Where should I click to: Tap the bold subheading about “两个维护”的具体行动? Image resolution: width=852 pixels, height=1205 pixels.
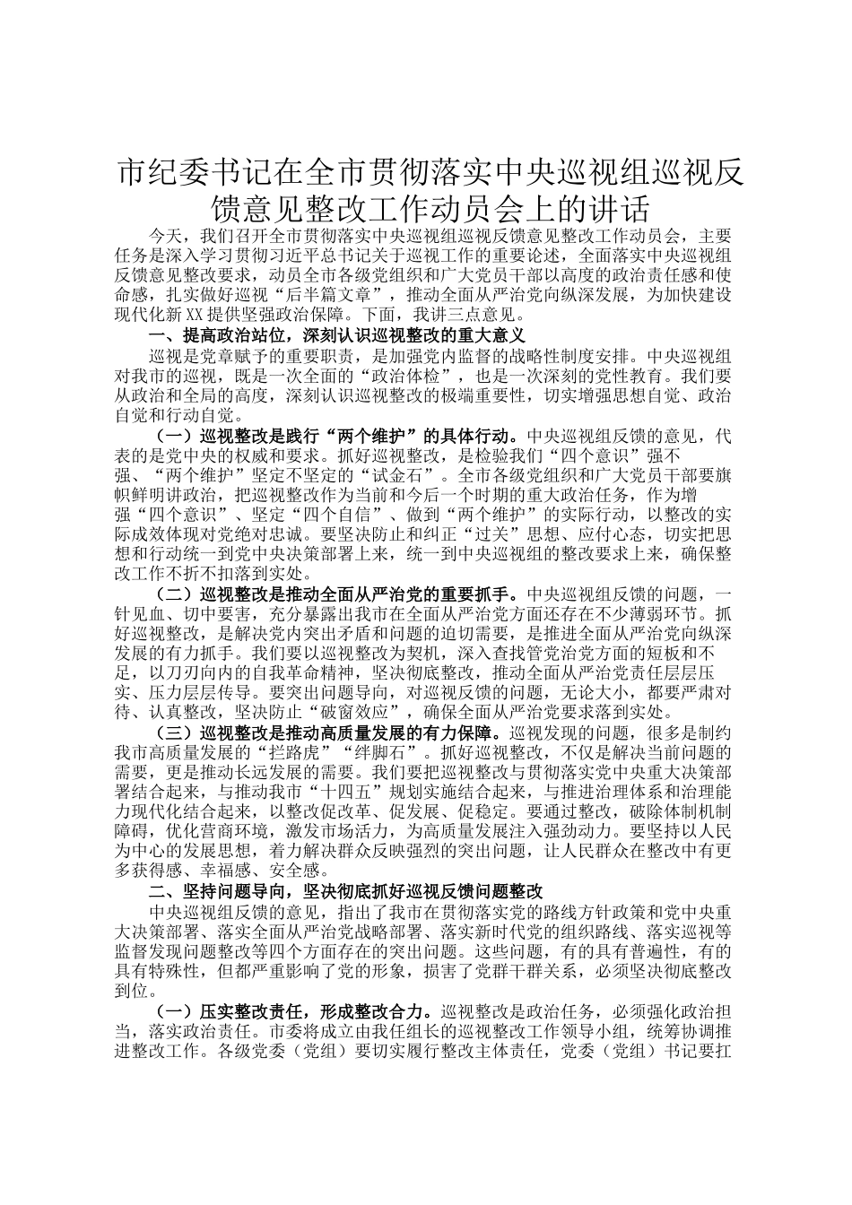[x=337, y=437]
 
